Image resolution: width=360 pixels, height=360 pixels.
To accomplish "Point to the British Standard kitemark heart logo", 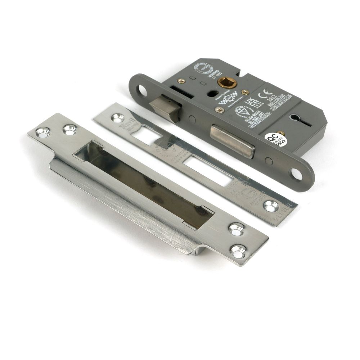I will (x=240, y=112).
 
